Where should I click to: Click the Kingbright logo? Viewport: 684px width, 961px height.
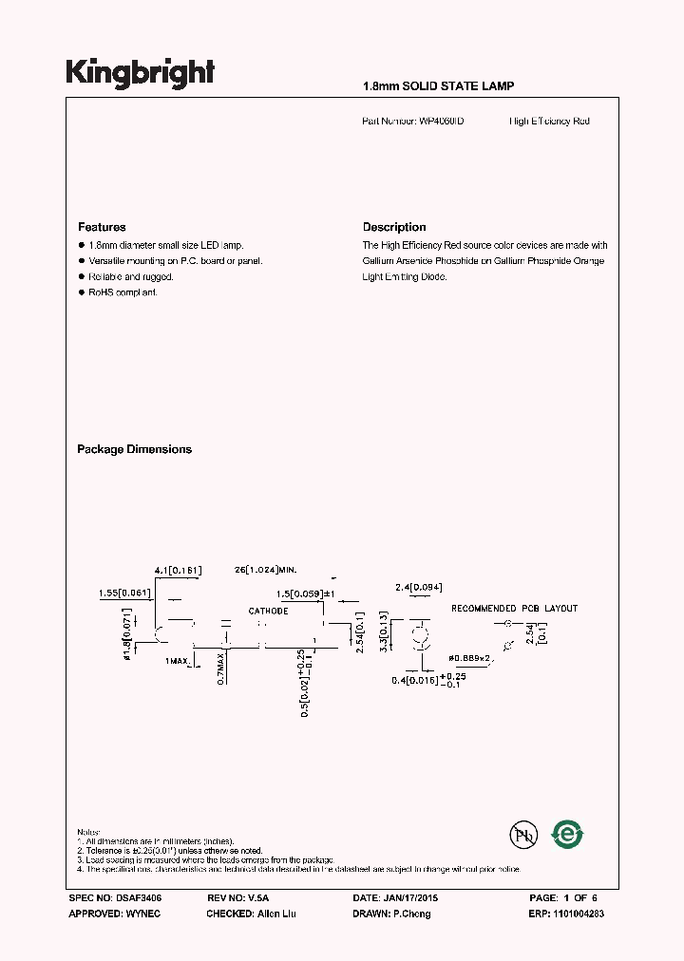pos(140,72)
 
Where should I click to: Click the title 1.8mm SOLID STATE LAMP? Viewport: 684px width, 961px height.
pos(438,86)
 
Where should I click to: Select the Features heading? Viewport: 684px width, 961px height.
pos(102,227)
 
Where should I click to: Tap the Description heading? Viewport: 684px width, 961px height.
pos(394,227)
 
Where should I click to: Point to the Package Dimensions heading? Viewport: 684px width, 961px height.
pos(134,449)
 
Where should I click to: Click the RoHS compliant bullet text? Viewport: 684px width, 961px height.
pos(123,292)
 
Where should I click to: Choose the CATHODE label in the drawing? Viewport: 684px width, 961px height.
pos(268,611)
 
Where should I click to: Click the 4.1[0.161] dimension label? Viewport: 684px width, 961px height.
pos(178,570)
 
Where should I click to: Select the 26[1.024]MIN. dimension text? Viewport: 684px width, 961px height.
pos(265,570)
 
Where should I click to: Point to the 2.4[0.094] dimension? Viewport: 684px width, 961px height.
pos(419,587)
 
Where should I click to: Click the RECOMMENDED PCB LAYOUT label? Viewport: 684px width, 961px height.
pos(514,609)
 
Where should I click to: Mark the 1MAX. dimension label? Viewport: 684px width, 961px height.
pos(179,660)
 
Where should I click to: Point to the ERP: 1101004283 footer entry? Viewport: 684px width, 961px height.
pos(566,914)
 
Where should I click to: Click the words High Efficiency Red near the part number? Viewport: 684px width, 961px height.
pos(549,122)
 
